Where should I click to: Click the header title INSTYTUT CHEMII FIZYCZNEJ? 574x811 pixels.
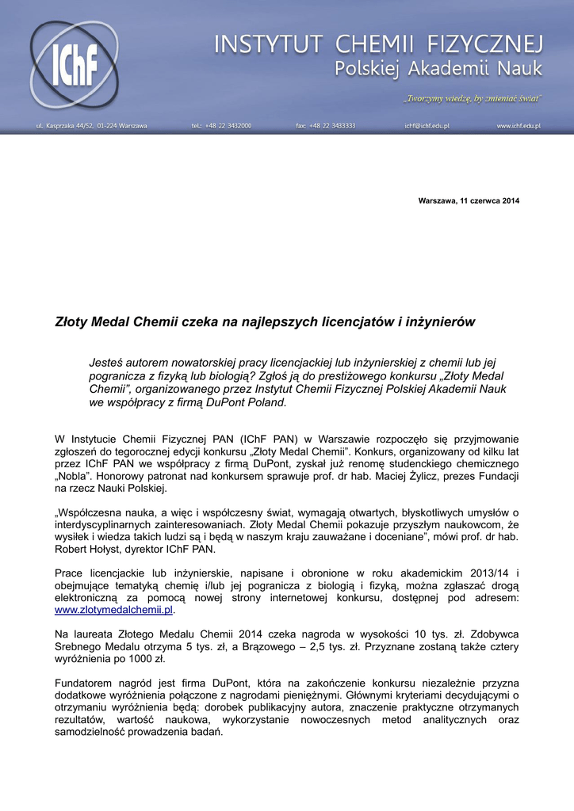point(378,43)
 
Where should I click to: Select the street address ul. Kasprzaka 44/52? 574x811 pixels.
point(91,126)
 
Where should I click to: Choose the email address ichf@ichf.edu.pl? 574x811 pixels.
point(427,126)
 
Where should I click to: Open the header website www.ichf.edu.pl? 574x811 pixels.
point(519,126)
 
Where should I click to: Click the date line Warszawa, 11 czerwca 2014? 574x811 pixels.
point(469,200)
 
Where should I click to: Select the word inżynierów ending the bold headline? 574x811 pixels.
point(440,322)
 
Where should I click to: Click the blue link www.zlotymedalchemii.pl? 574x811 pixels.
point(113,611)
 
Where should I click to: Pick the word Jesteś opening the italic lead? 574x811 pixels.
point(107,362)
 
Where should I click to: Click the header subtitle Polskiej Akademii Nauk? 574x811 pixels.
point(438,70)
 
